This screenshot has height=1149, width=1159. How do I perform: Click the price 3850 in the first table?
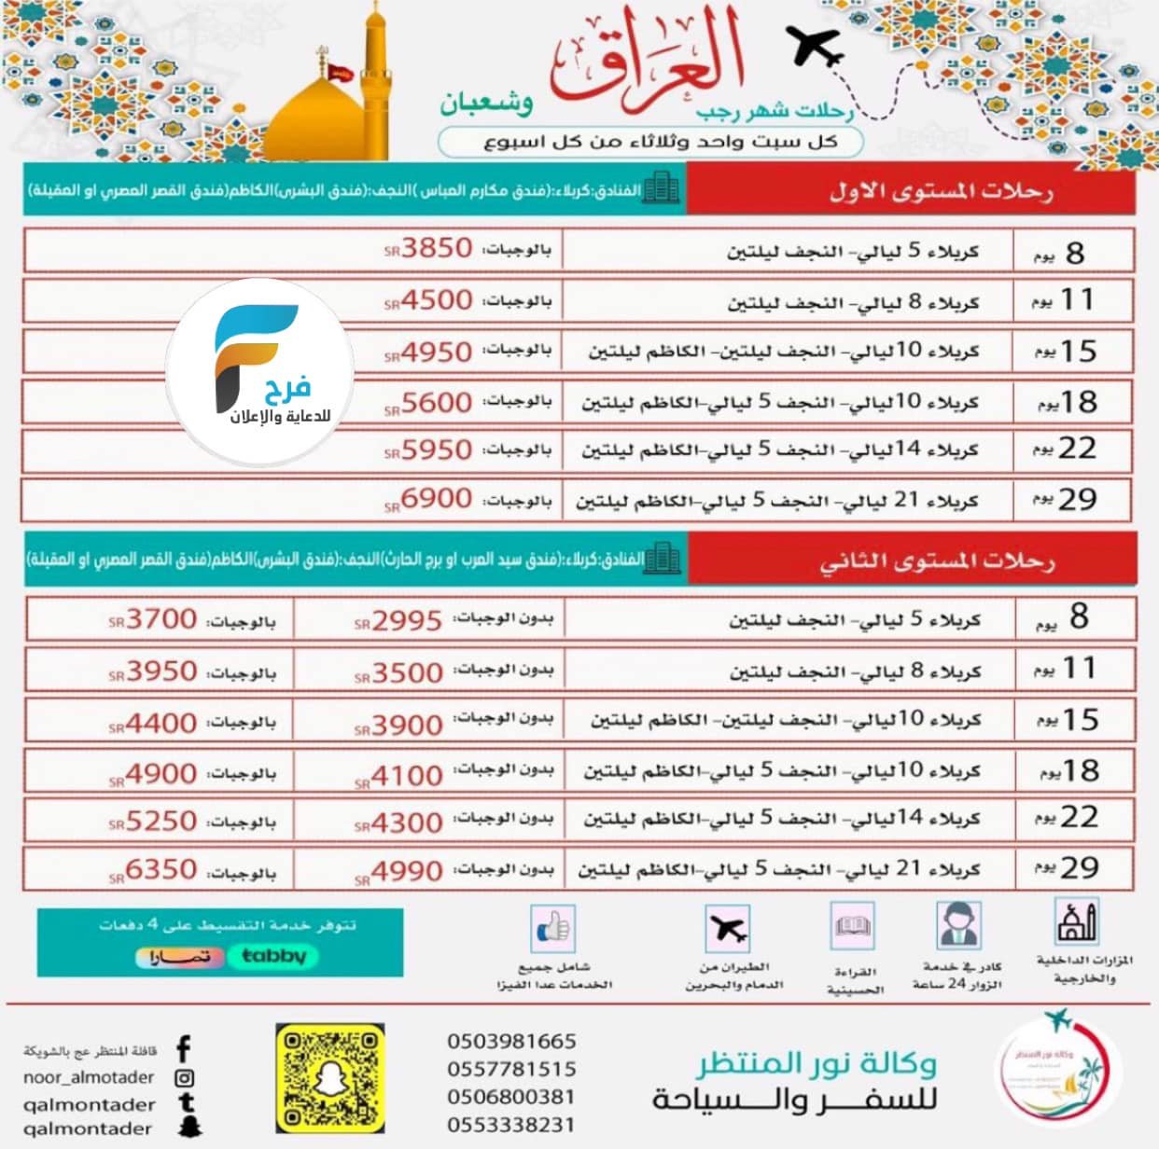tap(437, 249)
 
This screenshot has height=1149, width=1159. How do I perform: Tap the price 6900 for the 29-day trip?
tap(437, 499)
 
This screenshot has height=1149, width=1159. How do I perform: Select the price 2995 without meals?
tap(407, 621)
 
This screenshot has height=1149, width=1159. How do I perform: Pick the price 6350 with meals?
tap(161, 870)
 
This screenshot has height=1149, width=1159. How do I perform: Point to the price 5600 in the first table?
tap(437, 403)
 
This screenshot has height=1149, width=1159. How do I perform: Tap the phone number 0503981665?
tap(511, 1041)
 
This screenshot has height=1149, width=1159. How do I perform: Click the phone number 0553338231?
tap(511, 1125)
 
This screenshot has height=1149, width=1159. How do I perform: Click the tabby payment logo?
tap(272, 956)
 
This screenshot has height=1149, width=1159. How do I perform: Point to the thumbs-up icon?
tap(552, 928)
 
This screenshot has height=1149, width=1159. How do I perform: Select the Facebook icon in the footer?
tap(184, 1049)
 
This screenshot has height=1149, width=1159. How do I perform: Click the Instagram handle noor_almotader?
tap(89, 1077)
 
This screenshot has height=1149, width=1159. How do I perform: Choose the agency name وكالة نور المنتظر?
tap(816, 1064)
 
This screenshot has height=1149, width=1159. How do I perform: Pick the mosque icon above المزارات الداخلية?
tap(1076, 923)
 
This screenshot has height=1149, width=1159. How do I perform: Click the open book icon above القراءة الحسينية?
tap(853, 927)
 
